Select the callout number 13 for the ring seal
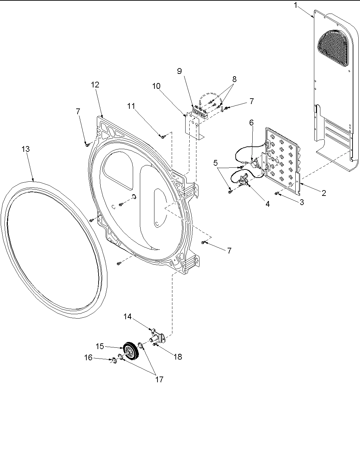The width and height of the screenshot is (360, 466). (x=25, y=149)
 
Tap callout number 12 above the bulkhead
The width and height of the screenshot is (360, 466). (x=95, y=85)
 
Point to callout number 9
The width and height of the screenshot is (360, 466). (x=179, y=71)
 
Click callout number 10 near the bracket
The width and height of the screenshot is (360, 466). (x=156, y=86)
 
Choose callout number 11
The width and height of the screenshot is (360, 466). (x=131, y=106)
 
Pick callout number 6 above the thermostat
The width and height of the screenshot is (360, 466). (x=251, y=123)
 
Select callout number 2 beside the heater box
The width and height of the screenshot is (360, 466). (x=324, y=193)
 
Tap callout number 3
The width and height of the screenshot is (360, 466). (x=301, y=202)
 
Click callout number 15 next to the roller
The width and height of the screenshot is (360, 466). (x=100, y=346)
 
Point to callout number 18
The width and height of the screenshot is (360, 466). (x=177, y=357)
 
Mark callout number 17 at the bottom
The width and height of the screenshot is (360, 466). (x=159, y=380)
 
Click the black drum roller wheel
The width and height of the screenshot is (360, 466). (x=129, y=350)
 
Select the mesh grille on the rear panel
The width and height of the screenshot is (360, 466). (x=333, y=47)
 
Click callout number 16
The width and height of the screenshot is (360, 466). (x=88, y=358)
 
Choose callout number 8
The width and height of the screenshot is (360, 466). (x=234, y=79)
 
